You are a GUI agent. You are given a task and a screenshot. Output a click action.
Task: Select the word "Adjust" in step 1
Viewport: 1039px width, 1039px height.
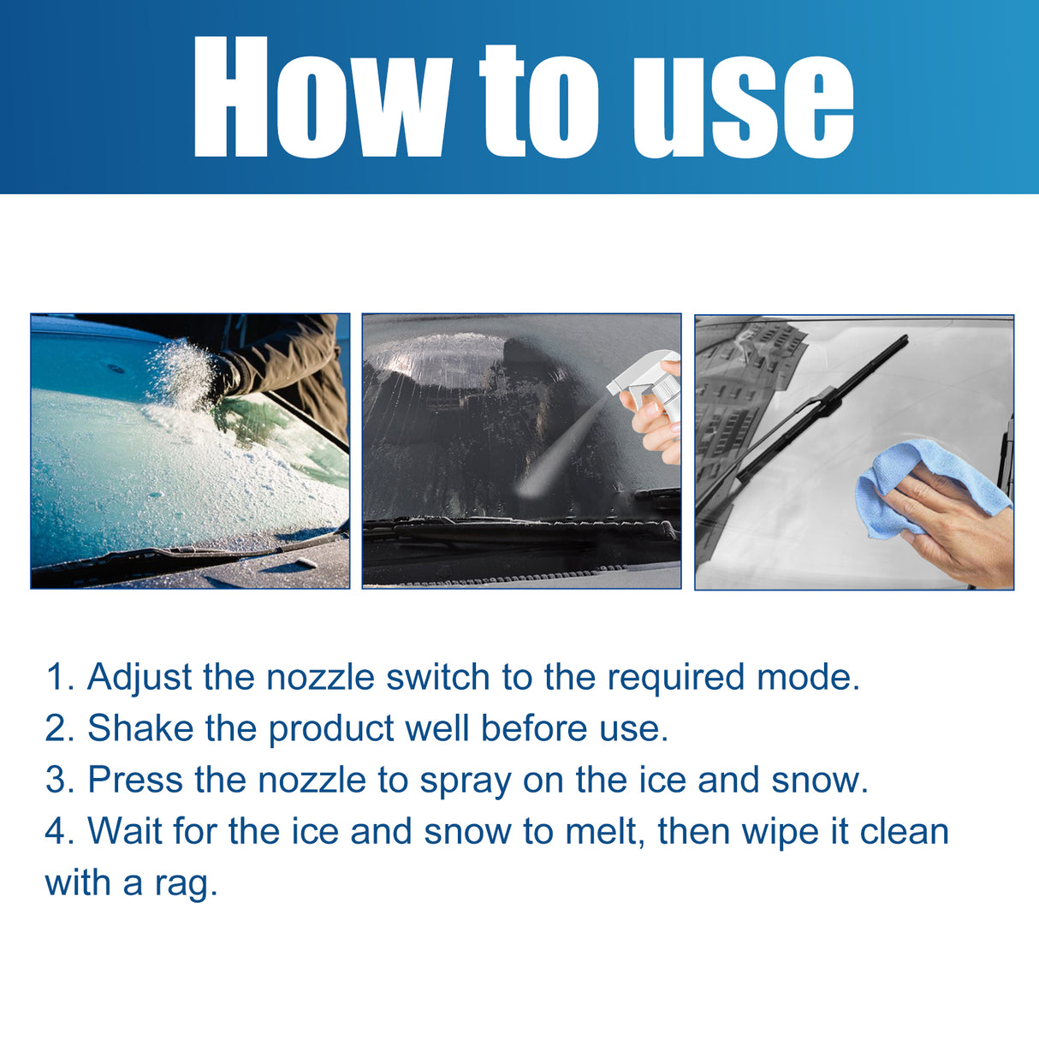pyautogui.click(x=140, y=678)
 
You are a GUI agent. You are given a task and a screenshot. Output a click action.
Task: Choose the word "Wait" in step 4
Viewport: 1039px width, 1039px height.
pyautogui.click(x=125, y=831)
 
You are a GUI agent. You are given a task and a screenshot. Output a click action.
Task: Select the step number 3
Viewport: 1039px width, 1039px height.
pyautogui.click(x=55, y=780)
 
